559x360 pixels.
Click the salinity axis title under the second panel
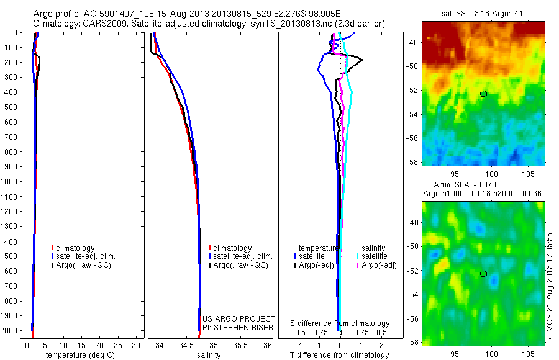click(x=209, y=355)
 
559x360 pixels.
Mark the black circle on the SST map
click(x=484, y=94)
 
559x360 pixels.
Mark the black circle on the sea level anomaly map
click(x=484, y=274)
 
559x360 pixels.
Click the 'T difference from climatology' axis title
click(x=340, y=355)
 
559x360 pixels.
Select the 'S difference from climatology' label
click(x=340, y=323)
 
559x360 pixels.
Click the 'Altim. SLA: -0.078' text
click(x=483, y=186)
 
